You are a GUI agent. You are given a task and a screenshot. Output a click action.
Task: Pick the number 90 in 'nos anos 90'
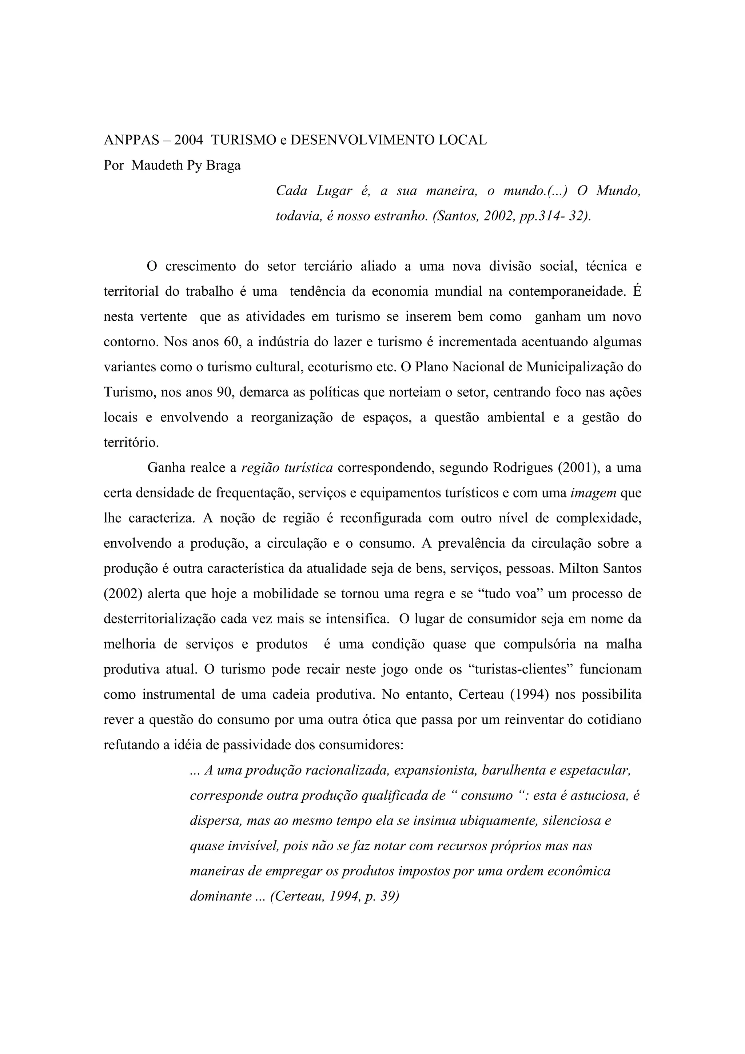pos(220,392)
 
